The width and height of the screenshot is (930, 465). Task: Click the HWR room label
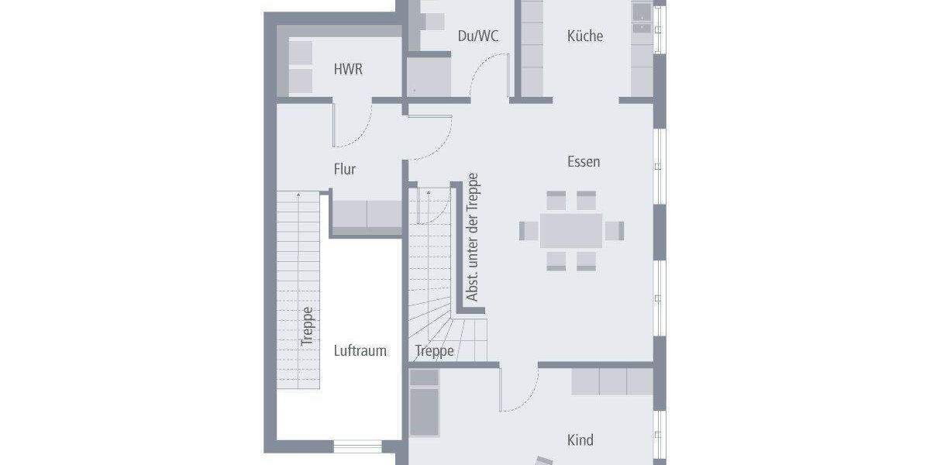(348, 69)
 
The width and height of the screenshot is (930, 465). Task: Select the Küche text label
(584, 36)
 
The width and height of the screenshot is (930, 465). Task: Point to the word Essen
(584, 162)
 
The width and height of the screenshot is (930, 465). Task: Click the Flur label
(345, 169)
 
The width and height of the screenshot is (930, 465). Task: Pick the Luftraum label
(360, 350)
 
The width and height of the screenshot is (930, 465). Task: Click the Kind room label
(580, 440)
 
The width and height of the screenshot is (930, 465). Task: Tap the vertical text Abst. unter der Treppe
(472, 236)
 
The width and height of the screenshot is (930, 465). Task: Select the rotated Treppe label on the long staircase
(308, 325)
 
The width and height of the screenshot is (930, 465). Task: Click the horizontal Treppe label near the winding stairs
(434, 351)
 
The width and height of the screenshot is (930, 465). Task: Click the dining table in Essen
(571, 230)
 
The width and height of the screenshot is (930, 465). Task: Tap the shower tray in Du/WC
(429, 77)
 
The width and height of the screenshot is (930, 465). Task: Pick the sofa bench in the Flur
(367, 215)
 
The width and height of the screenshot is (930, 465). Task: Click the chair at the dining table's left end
(529, 230)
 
